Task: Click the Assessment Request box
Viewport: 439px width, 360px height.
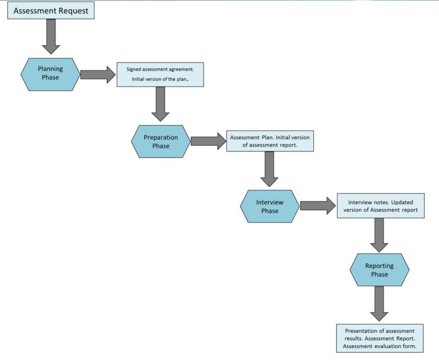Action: [51, 10]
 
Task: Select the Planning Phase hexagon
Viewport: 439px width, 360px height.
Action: [50, 74]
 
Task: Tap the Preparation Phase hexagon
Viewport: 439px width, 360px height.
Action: [161, 142]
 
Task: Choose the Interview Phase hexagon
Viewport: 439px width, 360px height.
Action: [270, 206]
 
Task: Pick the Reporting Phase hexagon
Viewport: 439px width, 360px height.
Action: [380, 270]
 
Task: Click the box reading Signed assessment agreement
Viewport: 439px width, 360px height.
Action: [160, 74]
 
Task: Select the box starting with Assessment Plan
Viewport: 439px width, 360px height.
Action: [270, 141]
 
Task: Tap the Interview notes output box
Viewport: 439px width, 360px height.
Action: [380, 206]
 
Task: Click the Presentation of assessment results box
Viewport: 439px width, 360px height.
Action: [380, 338]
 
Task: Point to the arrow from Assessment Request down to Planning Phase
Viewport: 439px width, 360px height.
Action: [51, 37]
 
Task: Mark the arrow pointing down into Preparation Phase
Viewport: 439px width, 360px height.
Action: [161, 103]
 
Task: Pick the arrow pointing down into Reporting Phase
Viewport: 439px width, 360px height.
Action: [380, 234]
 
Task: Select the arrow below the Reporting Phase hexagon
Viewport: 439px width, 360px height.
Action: [380, 303]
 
